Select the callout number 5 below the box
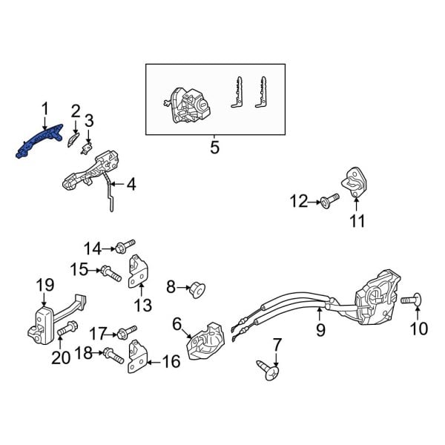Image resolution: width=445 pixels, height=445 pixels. pos(214,148)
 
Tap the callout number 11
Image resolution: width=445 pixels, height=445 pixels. pos(357,220)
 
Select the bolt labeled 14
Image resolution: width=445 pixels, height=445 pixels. pos(127,245)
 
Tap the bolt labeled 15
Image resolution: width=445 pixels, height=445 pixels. pos(110,273)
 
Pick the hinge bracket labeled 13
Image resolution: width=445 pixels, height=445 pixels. pos(139,271)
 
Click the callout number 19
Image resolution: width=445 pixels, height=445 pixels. pos(45,284)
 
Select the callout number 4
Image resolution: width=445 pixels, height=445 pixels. pos(131,183)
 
